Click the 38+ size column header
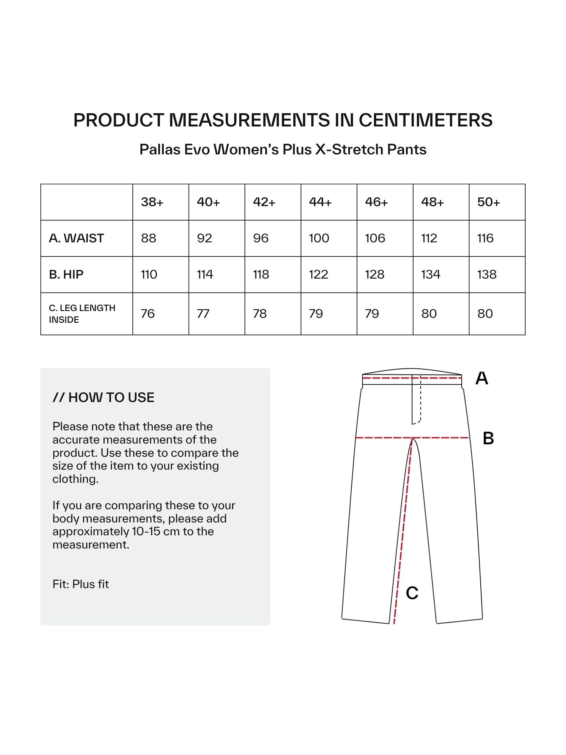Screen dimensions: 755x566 pos(152,202)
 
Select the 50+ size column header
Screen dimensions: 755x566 pos(488,202)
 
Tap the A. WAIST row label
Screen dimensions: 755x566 pos(76,238)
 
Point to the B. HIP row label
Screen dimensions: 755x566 pos(66,274)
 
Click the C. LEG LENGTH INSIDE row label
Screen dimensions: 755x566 pos(82,314)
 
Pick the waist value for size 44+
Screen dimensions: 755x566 pos(319,238)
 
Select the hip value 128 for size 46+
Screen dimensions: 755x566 pos(374,274)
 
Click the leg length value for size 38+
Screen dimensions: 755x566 pos(148,314)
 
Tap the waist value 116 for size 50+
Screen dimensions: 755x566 pos(485,238)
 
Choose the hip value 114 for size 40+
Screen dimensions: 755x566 pos(205,274)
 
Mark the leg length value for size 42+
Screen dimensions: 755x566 pos(260,314)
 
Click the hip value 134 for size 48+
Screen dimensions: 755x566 pos(431,274)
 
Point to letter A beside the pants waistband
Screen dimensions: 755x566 pos(481,378)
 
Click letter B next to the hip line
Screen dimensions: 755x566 pos(488,438)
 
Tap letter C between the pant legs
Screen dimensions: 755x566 pos(412,593)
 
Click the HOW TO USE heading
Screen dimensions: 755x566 pos(103,398)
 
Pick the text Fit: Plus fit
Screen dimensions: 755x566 pos(81,584)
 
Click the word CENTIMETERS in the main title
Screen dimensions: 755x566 pos(425,120)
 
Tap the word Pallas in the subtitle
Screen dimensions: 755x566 pos(160,149)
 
